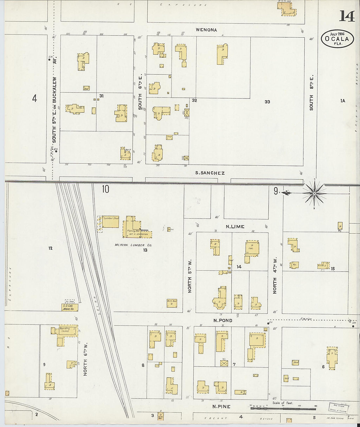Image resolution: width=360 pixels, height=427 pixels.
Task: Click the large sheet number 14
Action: [347, 16]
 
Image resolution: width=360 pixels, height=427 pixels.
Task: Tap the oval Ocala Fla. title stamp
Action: [337, 39]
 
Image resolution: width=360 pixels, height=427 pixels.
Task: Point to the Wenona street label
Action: [206, 30]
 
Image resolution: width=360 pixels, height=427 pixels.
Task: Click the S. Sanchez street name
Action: [210, 173]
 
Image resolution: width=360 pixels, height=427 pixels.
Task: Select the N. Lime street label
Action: [235, 226]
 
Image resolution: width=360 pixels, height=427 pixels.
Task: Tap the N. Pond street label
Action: [223, 320]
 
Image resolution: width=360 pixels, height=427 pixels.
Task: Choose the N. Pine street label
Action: [221, 406]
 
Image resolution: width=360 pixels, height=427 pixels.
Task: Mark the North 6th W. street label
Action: [85, 359]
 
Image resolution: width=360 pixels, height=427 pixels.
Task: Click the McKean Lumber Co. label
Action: [130, 245]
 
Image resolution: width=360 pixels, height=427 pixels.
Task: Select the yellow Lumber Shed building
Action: [110, 222]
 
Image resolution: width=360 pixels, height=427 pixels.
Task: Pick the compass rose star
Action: [314, 193]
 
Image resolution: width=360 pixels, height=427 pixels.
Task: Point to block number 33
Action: [267, 102]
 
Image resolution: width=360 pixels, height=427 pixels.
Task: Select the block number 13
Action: [145, 250]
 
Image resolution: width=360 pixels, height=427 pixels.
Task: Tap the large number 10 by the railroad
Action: [105, 189]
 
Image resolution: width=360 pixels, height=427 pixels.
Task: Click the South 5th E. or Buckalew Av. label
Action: [55, 110]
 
